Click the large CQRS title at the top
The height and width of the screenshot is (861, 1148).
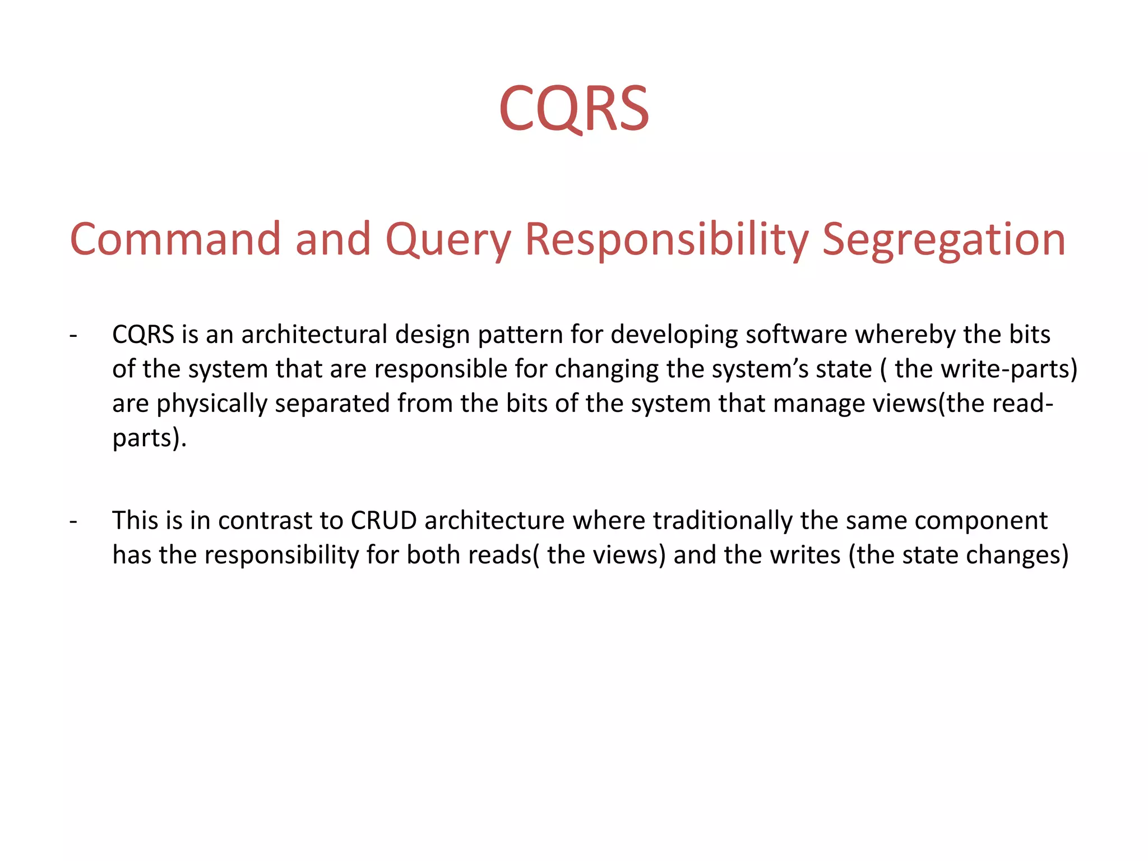pos(574,108)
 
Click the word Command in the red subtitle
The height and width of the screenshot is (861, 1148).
pos(174,239)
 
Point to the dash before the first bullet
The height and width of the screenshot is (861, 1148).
pos(73,335)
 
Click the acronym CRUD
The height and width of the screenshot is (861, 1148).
pos(383,521)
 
